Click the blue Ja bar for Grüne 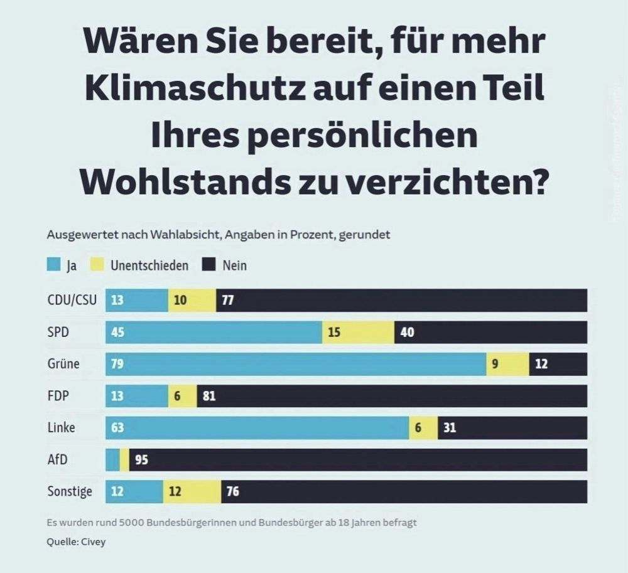tap(295, 364)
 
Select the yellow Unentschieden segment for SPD tap(358, 332)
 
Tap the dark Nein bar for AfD tap(358, 459)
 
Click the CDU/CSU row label tap(72, 300)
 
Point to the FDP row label tap(58, 396)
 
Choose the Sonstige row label tap(70, 491)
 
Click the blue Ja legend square tap(53, 265)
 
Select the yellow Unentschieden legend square tap(98, 265)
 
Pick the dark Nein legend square tap(208, 265)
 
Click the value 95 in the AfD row tap(141, 460)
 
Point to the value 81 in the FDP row tap(210, 396)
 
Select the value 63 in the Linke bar tap(117, 428)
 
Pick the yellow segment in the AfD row tap(124, 459)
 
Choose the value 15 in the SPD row tap(334, 332)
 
